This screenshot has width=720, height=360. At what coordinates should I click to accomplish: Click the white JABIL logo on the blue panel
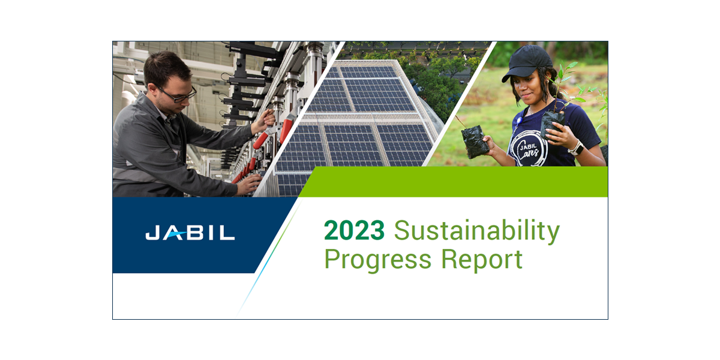(190, 232)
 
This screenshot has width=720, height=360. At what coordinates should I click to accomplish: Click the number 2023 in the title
(354, 230)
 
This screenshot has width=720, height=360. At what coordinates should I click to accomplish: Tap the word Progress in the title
(378, 260)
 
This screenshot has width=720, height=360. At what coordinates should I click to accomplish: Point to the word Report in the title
(482, 260)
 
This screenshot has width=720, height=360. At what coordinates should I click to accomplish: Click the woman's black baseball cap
(527, 62)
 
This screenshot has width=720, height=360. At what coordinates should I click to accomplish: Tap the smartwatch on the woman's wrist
(576, 148)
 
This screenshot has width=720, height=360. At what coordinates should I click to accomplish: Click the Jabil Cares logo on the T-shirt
(529, 149)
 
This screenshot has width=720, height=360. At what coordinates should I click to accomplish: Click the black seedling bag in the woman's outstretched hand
(475, 142)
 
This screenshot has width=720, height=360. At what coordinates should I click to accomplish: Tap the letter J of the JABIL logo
(152, 232)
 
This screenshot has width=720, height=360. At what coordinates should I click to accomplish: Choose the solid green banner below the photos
(453, 182)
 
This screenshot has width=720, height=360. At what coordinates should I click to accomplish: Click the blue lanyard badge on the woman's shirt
(518, 121)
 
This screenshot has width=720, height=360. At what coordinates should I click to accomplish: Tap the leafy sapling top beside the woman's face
(566, 80)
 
